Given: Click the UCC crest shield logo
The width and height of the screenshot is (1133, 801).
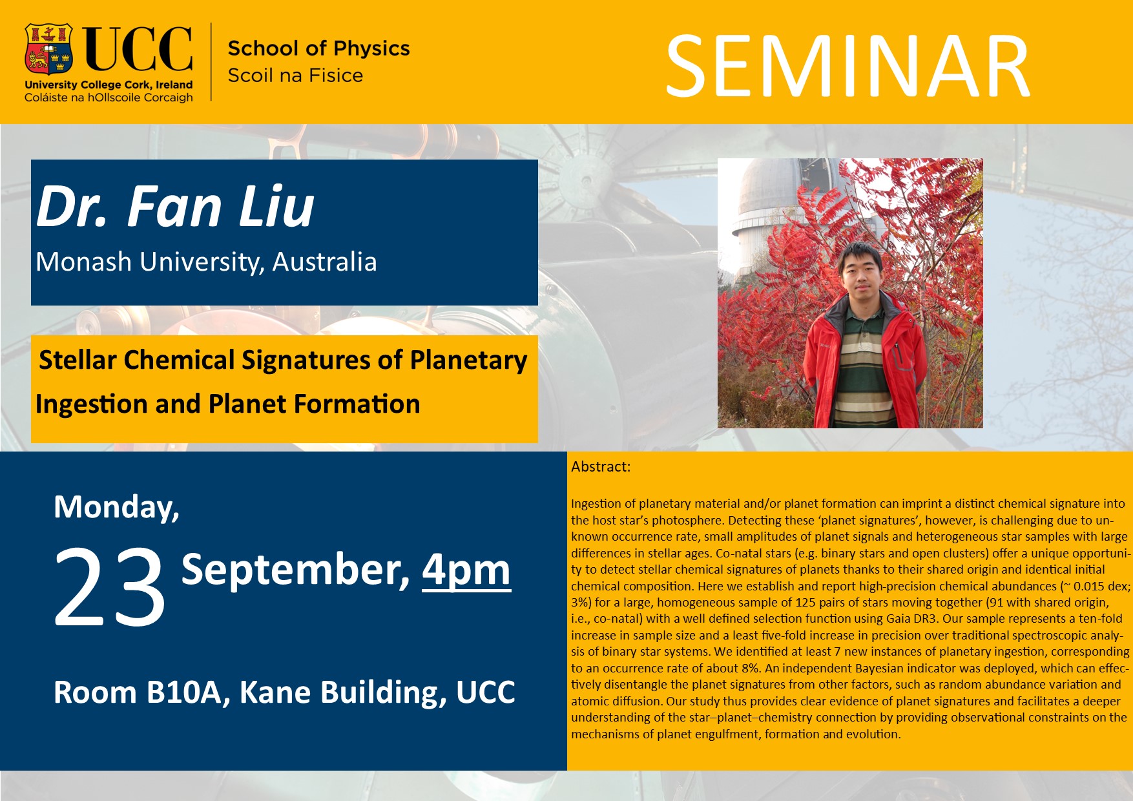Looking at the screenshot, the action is (48, 50).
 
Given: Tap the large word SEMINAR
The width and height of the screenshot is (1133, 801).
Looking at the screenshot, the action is (848, 67).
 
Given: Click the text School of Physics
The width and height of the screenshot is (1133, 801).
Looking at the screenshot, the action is (319, 48).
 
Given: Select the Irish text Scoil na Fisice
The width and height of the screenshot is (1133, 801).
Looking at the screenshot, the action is (295, 76).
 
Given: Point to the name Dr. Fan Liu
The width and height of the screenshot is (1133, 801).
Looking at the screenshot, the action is (175, 207).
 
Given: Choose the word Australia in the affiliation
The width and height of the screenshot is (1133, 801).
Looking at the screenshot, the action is (324, 262).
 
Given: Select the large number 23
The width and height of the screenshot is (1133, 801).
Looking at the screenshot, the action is (109, 586).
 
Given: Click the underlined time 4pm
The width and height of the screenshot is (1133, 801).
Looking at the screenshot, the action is (466, 570).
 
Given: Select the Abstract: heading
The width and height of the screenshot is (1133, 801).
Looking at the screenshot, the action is (601, 466).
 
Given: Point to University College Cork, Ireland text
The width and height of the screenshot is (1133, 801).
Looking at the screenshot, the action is (109, 85).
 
